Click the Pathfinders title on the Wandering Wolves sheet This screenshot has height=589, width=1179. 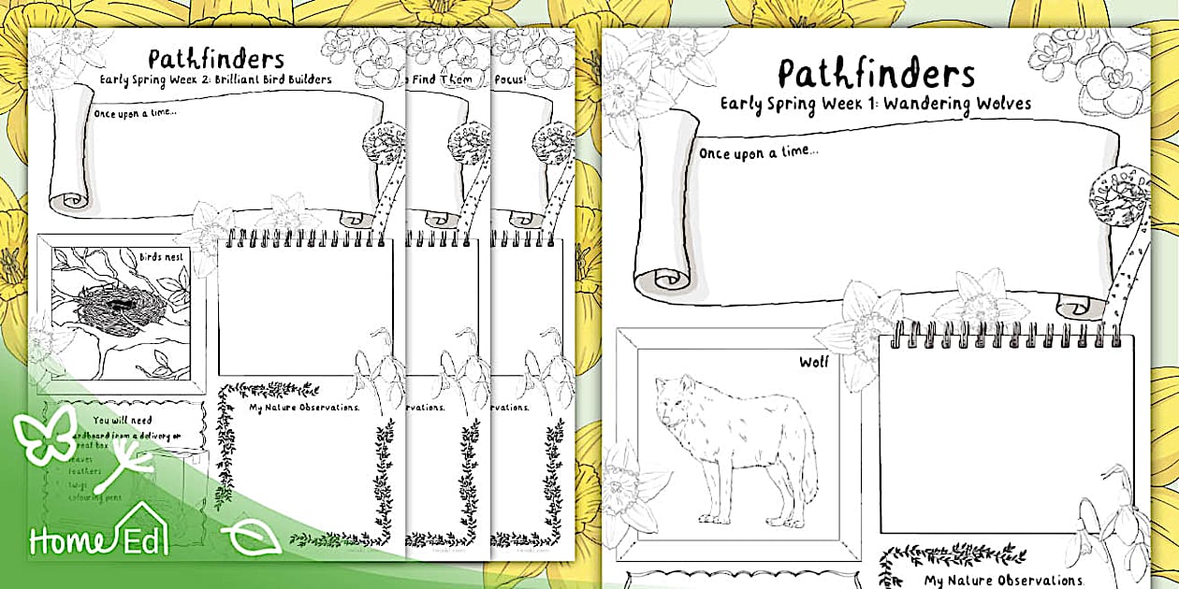coord(876,73)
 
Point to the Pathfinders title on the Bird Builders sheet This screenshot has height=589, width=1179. coord(216,59)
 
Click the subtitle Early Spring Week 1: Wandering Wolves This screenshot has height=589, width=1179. coord(876,103)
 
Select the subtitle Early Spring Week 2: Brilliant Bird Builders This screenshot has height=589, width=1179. coord(216,79)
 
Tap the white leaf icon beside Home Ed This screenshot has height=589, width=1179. coord(251,539)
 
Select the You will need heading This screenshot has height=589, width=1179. coord(123,421)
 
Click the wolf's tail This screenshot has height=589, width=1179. coord(809,477)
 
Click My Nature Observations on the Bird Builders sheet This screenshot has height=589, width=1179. coord(304,407)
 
